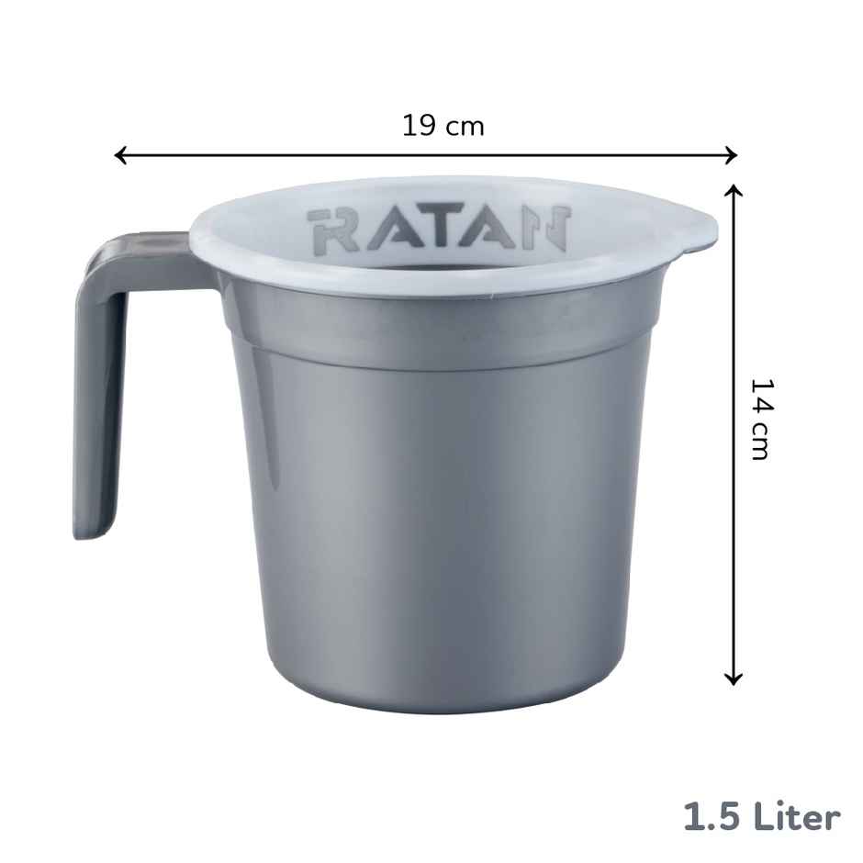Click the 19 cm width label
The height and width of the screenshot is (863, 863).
pos(443,126)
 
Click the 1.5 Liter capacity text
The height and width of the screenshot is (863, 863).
pos(761,816)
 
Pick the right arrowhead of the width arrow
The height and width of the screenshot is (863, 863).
pos(731,155)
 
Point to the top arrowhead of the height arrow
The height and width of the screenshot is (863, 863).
pos(733,191)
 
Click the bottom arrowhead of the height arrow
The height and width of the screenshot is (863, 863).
pos(733,678)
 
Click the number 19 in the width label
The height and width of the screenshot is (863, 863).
pos(419,126)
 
